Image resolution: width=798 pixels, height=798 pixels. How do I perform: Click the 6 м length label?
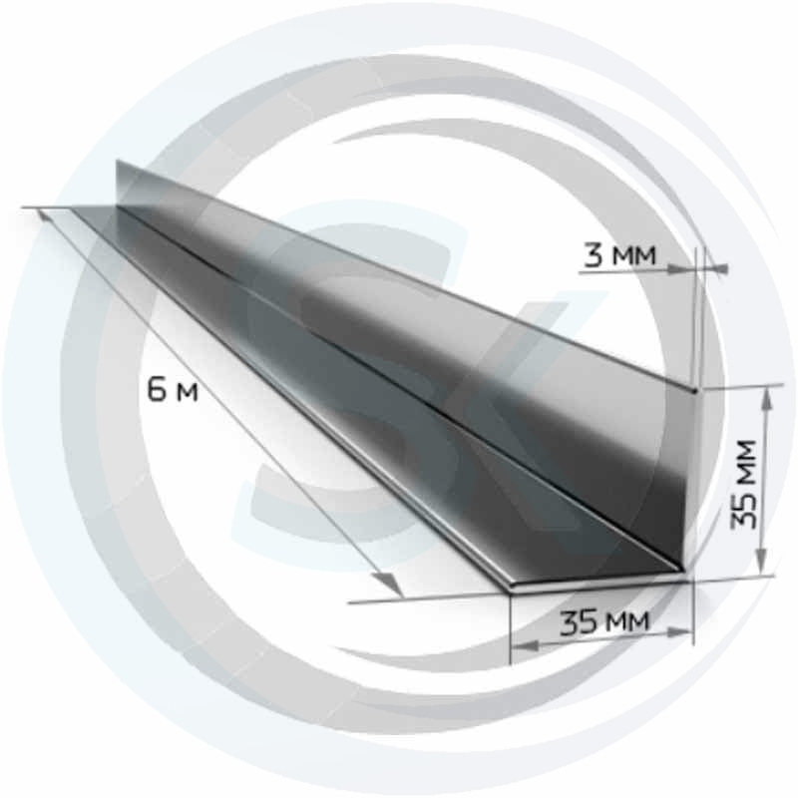click(x=172, y=390)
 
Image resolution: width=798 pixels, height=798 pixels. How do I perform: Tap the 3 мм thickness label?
click(x=619, y=254)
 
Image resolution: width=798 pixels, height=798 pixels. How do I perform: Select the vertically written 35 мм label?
click(x=743, y=484)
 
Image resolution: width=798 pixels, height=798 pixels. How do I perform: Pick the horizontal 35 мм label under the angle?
click(x=604, y=621)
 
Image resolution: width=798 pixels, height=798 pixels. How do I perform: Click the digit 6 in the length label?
click(x=156, y=390)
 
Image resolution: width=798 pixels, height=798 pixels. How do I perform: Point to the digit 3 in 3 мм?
click(x=593, y=254)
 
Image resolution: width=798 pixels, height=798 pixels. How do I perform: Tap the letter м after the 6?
click(x=188, y=393)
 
